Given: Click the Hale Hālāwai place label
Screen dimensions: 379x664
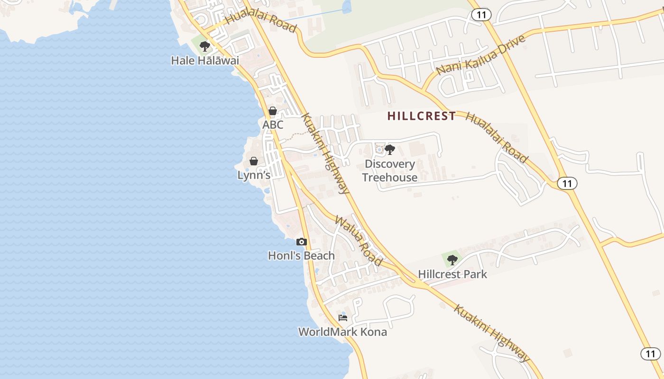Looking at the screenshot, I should (x=205, y=61).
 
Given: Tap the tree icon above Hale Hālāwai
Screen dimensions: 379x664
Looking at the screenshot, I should (x=205, y=46).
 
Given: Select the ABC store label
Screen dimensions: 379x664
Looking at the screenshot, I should (x=273, y=125).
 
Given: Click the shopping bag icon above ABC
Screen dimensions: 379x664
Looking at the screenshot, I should (x=273, y=111).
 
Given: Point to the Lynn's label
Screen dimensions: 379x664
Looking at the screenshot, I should (x=254, y=175).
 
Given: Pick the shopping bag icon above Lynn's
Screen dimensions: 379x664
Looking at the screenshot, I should (x=254, y=161).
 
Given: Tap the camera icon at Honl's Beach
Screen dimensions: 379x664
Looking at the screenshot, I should (x=301, y=242).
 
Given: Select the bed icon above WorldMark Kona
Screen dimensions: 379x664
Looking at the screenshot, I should (x=342, y=317).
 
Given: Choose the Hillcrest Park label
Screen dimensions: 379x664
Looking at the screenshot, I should (x=452, y=274).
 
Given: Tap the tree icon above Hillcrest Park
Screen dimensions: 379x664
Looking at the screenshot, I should (x=452, y=260).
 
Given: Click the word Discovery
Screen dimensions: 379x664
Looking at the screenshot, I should (x=390, y=164).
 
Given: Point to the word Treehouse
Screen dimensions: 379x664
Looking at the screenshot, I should (x=390, y=178).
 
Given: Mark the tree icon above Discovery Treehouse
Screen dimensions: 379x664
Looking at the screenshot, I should (x=390, y=150).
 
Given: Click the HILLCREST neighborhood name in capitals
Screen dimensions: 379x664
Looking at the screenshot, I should (x=422, y=116).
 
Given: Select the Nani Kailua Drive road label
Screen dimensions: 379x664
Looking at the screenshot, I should (x=481, y=54).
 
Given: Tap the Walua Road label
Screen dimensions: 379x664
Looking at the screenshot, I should (x=359, y=241).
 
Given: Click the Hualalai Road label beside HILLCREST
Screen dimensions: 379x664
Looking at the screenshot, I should (x=497, y=137).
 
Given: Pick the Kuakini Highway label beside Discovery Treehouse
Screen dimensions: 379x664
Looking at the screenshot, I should (x=325, y=154).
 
